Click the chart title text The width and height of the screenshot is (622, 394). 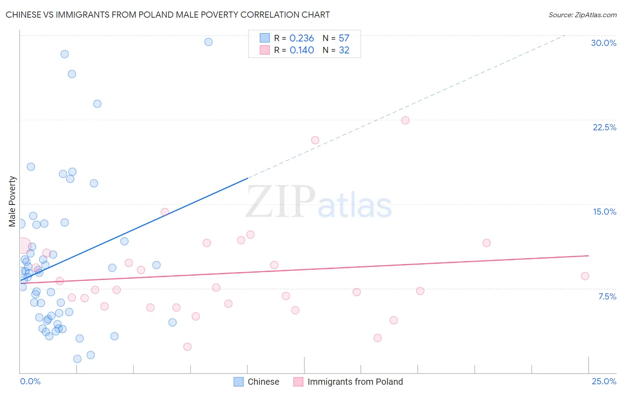pyautogui.click(x=168, y=15)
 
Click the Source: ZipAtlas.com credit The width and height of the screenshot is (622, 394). pyautogui.click(x=582, y=15)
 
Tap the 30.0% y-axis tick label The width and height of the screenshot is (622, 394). pyautogui.click(x=603, y=43)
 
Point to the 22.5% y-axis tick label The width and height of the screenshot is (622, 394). pyautogui.click(x=604, y=127)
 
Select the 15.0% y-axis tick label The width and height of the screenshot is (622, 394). pyautogui.click(x=604, y=212)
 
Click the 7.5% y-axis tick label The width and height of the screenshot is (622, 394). pyautogui.click(x=607, y=296)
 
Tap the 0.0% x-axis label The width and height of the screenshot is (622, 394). pyautogui.click(x=30, y=381)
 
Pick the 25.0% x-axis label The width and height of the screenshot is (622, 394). pyautogui.click(x=604, y=381)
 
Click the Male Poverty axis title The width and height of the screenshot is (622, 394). pyautogui.click(x=12, y=201)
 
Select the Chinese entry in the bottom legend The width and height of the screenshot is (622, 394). pyautogui.click(x=263, y=382)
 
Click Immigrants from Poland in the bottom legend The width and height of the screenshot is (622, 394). pyautogui.click(x=355, y=382)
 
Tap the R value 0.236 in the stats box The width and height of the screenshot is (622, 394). pyautogui.click(x=302, y=38)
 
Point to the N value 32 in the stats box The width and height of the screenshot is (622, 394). pyautogui.click(x=344, y=50)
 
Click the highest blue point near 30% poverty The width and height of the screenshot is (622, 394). pyautogui.click(x=208, y=42)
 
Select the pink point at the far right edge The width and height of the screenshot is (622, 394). pyautogui.click(x=585, y=276)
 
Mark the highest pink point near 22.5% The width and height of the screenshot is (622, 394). pyautogui.click(x=405, y=120)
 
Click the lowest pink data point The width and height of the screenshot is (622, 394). pyautogui.click(x=188, y=347)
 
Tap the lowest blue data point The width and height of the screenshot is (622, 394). pyautogui.click(x=77, y=359)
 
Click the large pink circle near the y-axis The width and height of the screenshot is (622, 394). pyautogui.click(x=24, y=245)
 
